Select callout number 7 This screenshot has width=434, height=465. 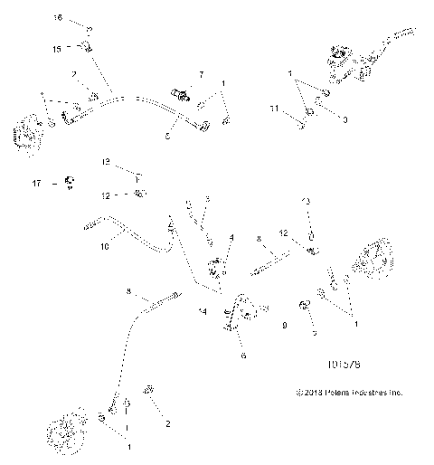(202, 71)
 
